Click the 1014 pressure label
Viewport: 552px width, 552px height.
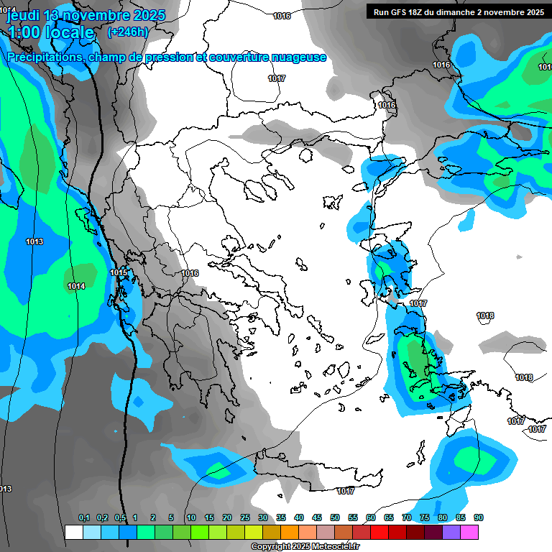pyautogui.click(x=76, y=286)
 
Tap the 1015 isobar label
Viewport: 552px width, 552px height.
pyautogui.click(x=119, y=272)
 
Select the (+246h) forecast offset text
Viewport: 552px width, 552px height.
pyautogui.click(x=128, y=32)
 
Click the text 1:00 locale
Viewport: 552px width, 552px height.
pyautogui.click(x=51, y=32)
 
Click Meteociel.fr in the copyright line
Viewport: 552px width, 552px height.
pyautogui.click(x=331, y=546)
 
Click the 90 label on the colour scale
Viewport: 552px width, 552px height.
pyautogui.click(x=479, y=517)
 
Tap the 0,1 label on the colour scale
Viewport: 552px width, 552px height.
pyautogui.click(x=83, y=517)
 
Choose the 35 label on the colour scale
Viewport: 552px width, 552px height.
pyautogui.click(x=281, y=517)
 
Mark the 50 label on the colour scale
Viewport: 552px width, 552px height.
pyautogui.click(x=335, y=517)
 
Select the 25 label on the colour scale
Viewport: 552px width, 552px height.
pyautogui.click(x=245, y=517)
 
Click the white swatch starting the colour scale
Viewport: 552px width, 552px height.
pyautogui.click(x=73, y=532)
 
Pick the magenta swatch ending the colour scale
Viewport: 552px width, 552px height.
pyautogui.click(x=469, y=532)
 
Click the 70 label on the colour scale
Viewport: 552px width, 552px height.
pyautogui.click(x=407, y=517)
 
